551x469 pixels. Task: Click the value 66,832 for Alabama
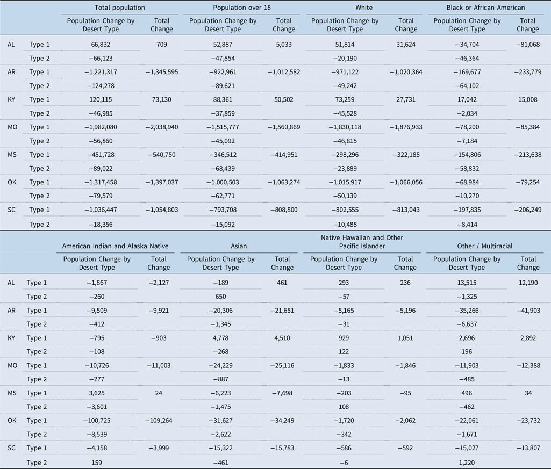click(x=101, y=45)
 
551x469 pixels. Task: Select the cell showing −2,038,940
click(x=162, y=127)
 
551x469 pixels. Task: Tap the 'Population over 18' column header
click(x=242, y=8)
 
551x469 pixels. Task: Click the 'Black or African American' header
click(x=485, y=8)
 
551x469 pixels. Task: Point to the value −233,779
click(x=527, y=72)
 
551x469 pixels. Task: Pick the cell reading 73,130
click(x=162, y=100)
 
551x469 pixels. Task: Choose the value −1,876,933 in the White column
click(x=406, y=127)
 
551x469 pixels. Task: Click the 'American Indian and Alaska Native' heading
click(x=115, y=246)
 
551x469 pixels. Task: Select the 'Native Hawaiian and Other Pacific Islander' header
click(x=362, y=242)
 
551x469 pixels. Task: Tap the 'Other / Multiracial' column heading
click(x=484, y=246)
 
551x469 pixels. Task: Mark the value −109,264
click(x=159, y=421)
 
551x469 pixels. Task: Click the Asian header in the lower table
click(x=239, y=246)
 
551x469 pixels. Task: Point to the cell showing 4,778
click(x=221, y=338)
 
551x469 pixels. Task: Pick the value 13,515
click(x=467, y=283)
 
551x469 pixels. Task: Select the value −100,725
click(x=97, y=421)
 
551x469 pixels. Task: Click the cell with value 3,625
click(x=97, y=393)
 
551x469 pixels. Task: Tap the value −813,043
click(x=406, y=210)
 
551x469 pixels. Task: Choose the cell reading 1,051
click(x=405, y=338)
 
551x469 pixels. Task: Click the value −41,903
click(x=528, y=311)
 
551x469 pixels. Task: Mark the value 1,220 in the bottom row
click(x=467, y=463)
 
